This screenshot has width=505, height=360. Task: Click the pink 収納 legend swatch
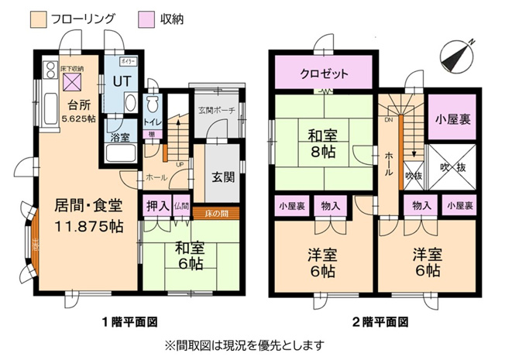coord(145,18)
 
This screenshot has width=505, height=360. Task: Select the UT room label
coord(122,81)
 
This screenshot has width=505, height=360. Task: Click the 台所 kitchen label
coord(77,106)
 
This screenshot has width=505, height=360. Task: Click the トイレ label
coord(152,122)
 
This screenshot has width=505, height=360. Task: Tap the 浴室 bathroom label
coord(119,137)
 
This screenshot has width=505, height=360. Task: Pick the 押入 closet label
coord(154,207)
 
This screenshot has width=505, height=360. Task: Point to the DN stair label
coord(388,120)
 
